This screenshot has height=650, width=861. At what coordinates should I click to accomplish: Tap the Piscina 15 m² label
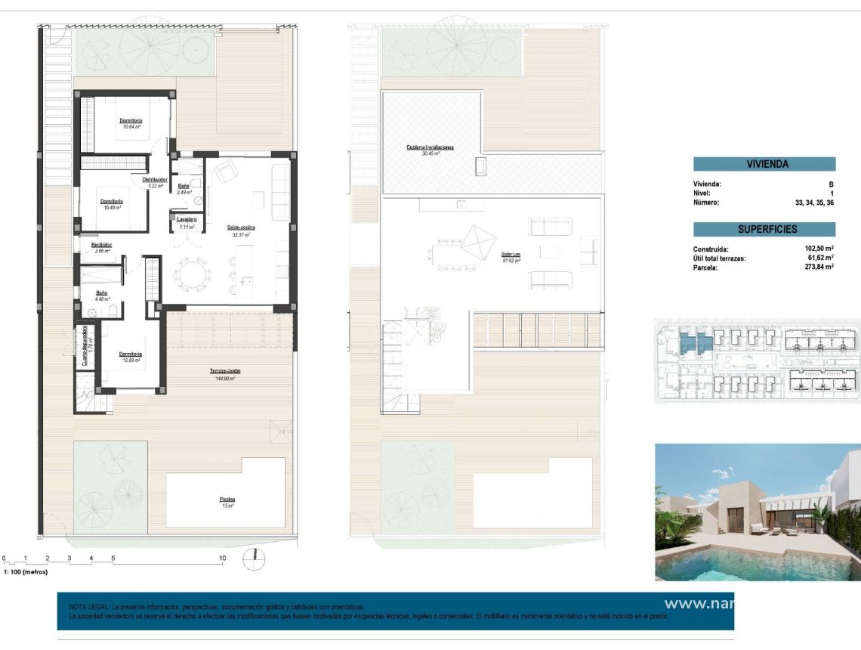click(227, 502)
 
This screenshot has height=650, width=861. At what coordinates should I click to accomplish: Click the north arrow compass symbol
click(255, 559)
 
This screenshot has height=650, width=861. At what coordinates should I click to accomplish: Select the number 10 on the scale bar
click(222, 559)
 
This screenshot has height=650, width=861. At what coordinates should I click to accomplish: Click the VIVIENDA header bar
click(764, 164)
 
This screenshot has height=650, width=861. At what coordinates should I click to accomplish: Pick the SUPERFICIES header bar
click(764, 229)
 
